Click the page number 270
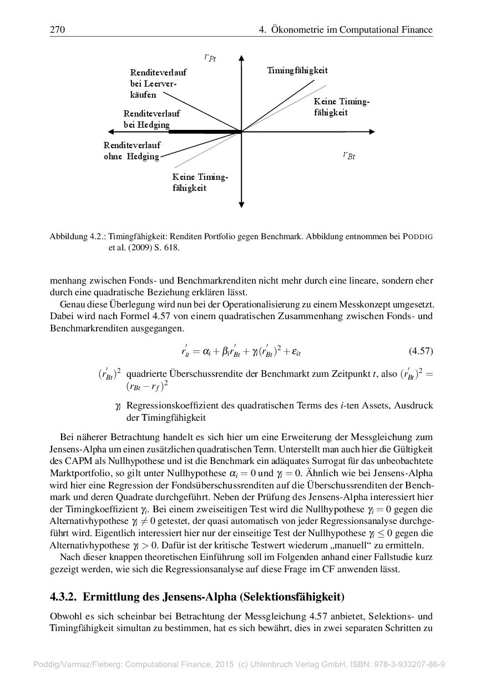coord(57,30)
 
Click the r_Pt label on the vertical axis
coord(210,57)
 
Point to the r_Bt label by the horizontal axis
coord(348,155)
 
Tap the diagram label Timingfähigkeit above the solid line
coord(297,70)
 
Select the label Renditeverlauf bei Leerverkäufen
coord(158,84)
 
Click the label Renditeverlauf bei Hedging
coord(151,119)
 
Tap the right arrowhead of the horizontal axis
coord(372,132)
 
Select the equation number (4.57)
coord(421,351)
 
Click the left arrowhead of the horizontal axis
coord(111,132)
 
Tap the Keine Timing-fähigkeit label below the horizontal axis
coord(200,183)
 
